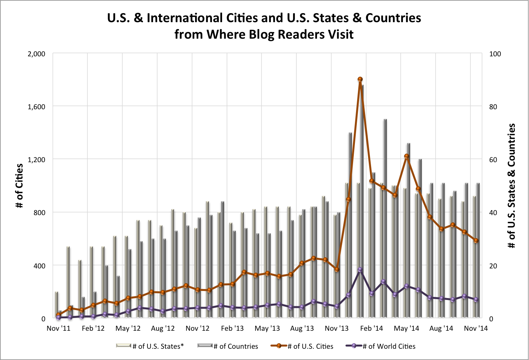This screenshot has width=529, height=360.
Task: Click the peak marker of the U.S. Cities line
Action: [360, 79]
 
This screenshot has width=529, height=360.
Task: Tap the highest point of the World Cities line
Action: [360, 270]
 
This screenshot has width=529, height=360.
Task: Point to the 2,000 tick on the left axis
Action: [36, 54]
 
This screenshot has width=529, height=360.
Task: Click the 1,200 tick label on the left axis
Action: [36, 160]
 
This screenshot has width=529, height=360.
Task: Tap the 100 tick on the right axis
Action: [495, 54]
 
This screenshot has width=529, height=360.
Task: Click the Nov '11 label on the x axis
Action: [59, 328]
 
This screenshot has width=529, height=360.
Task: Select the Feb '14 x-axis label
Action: [371, 328]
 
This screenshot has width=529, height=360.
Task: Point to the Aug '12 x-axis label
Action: [163, 328]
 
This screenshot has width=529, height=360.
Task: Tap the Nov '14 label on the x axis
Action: [476, 328]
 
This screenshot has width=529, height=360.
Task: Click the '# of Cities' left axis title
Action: [19, 186]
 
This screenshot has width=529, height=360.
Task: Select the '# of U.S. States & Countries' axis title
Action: [511, 186]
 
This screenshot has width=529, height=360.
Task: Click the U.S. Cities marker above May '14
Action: [407, 156]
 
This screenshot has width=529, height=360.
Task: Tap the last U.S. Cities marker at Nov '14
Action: [476, 241]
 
